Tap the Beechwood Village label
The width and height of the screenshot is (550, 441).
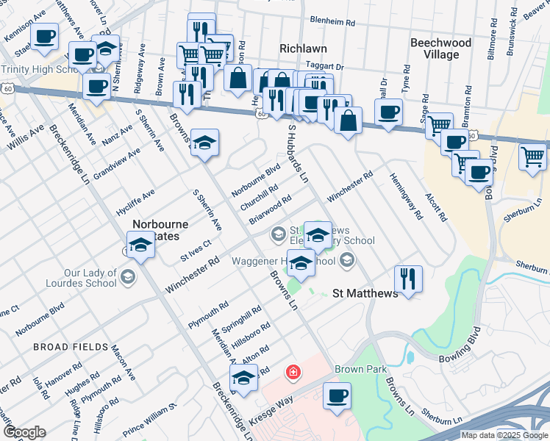440,49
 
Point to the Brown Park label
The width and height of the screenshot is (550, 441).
355,369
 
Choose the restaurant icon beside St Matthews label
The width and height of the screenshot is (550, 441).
408,279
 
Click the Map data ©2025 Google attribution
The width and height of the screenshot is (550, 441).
504,435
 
